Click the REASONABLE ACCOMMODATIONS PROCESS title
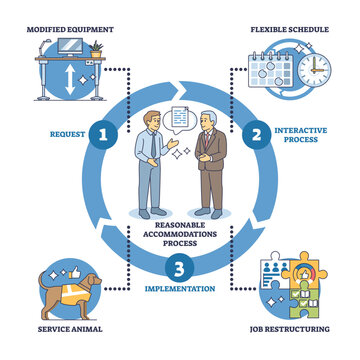(x=177, y=232)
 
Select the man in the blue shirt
(x=149, y=170)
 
